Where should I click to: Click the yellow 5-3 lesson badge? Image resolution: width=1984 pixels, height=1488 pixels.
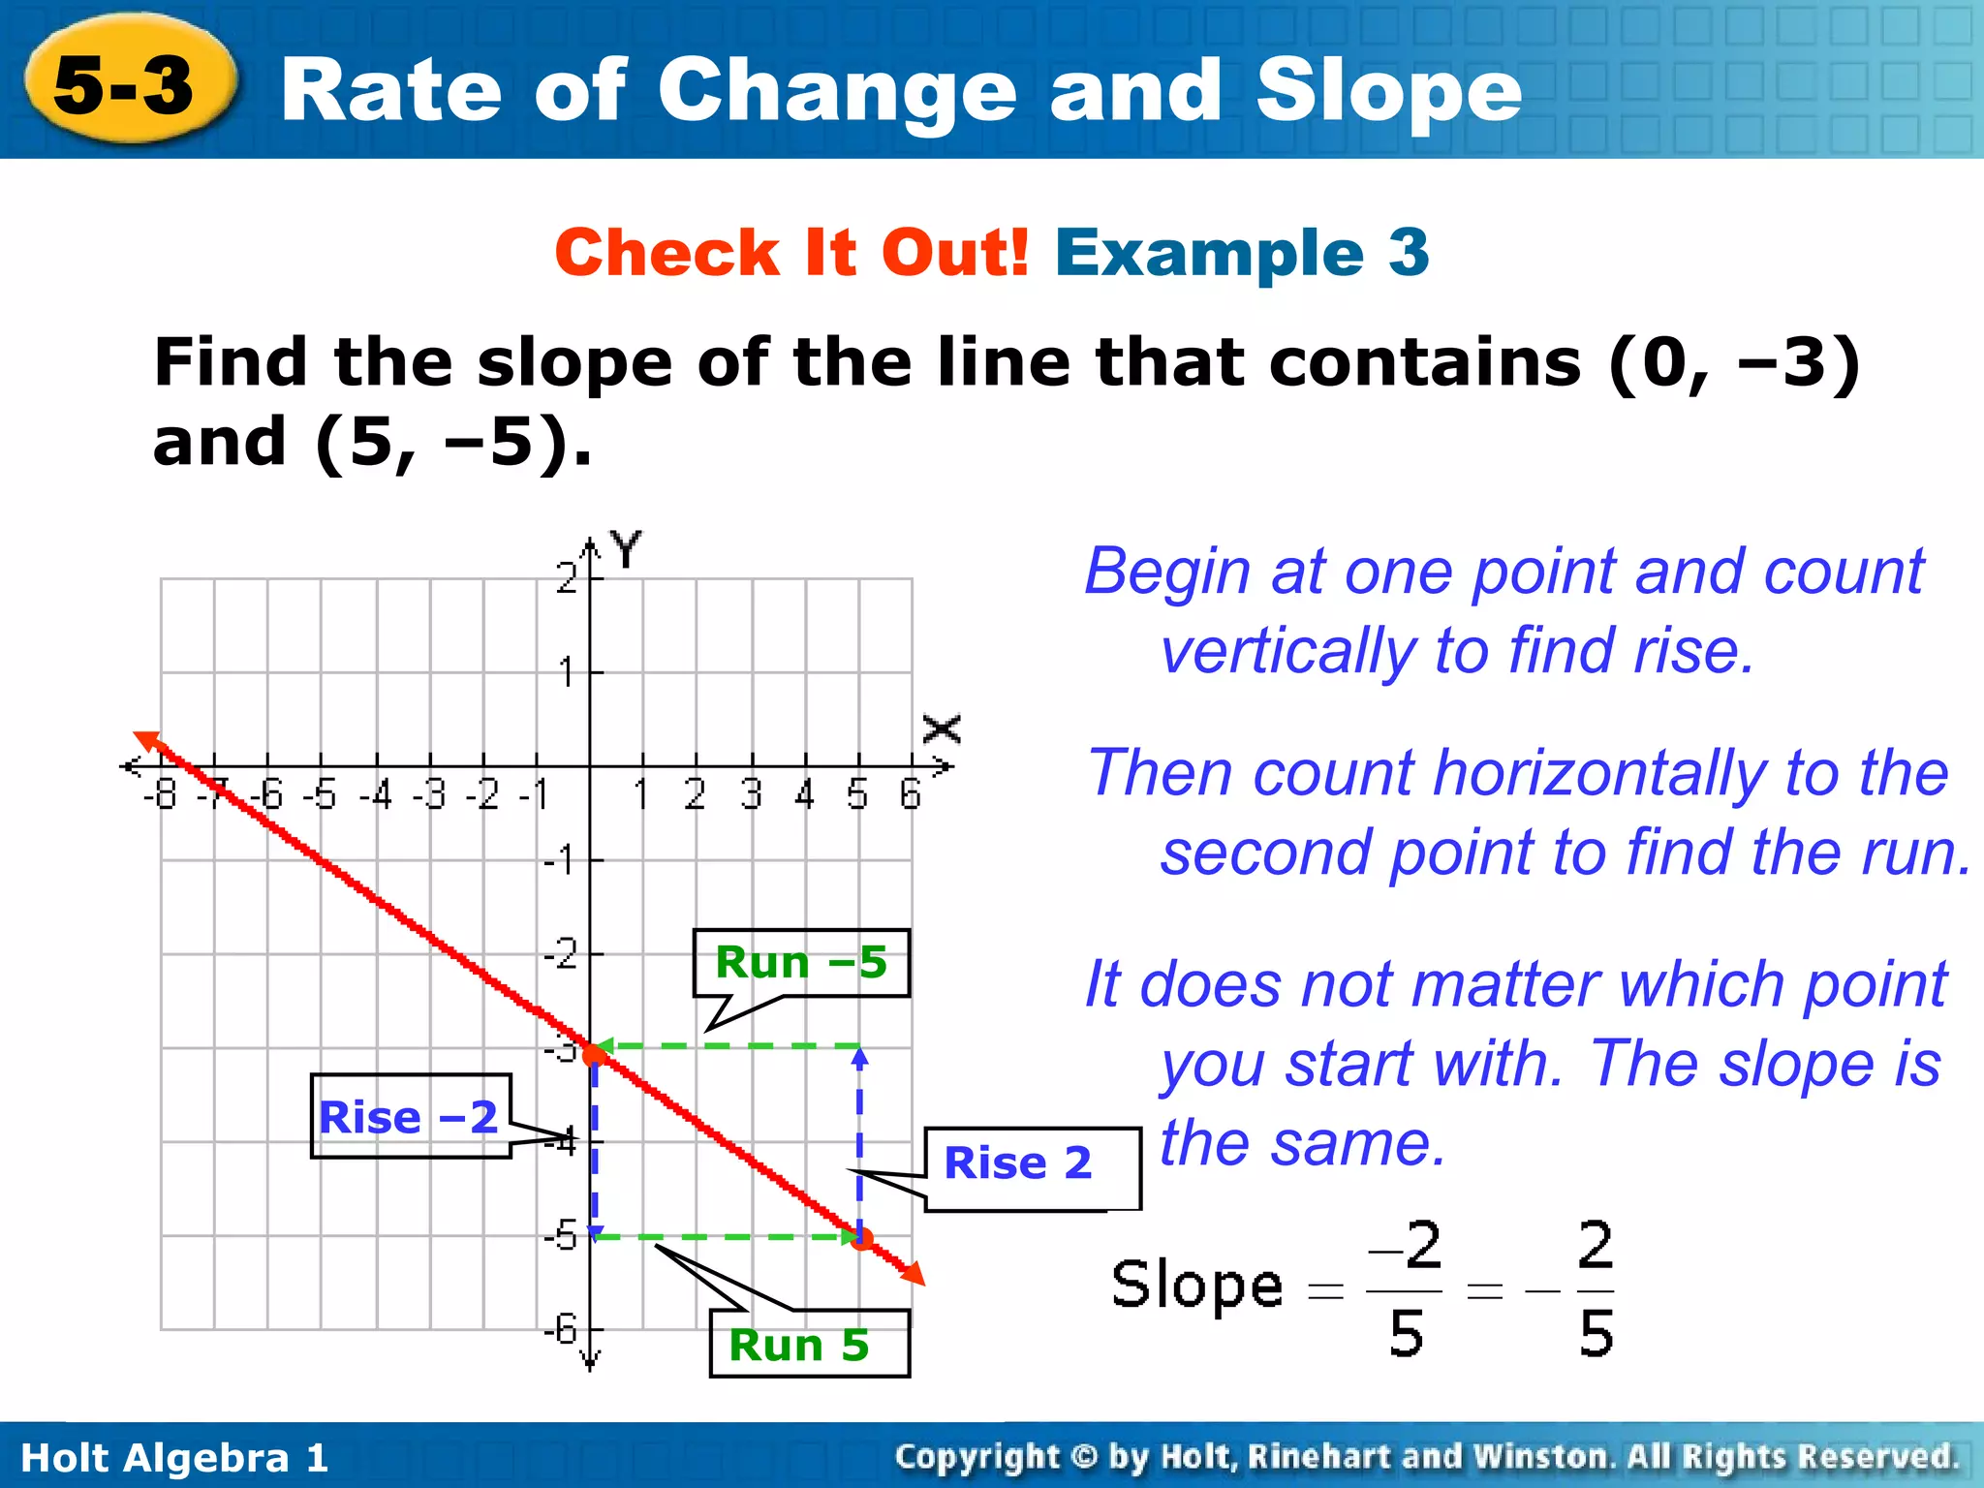click(x=126, y=83)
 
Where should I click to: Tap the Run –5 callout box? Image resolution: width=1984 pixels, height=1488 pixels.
click(x=801, y=963)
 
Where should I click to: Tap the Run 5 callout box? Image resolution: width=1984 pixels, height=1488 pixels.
click(x=809, y=1345)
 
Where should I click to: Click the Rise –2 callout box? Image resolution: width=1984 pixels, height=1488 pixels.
click(x=410, y=1117)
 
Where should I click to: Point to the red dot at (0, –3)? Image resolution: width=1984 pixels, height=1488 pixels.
click(x=593, y=1053)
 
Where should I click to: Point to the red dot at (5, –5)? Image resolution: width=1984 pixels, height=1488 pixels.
click(x=861, y=1238)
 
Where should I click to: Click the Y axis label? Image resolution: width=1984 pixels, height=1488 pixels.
click(x=627, y=549)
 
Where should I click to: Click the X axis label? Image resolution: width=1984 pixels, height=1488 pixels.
click(x=942, y=728)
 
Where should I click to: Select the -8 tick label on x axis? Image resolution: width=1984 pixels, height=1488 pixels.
click(x=161, y=795)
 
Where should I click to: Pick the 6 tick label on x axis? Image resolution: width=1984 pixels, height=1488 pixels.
click(x=910, y=795)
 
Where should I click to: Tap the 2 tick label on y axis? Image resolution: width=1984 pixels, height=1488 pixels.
click(x=566, y=578)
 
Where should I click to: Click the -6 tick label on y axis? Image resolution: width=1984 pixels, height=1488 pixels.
click(x=561, y=1328)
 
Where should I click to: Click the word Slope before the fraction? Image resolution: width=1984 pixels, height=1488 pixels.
click(x=1196, y=1286)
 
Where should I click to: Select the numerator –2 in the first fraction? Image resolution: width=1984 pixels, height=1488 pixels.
click(x=1405, y=1246)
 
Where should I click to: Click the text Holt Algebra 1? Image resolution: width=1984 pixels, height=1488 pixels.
click(x=174, y=1457)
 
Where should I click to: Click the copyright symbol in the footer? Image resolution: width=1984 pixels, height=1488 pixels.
click(x=1083, y=1456)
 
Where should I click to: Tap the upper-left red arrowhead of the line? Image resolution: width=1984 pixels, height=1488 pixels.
click(x=147, y=741)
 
